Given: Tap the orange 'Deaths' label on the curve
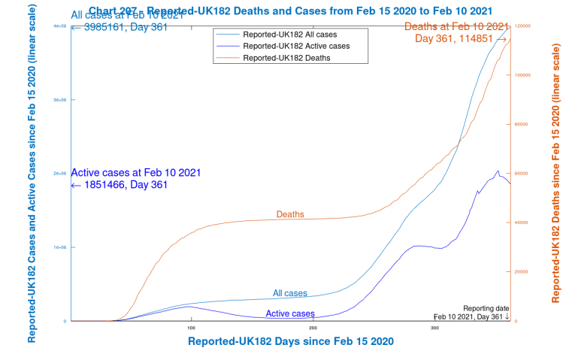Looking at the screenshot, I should (x=290, y=214).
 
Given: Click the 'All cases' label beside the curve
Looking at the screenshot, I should (x=289, y=293).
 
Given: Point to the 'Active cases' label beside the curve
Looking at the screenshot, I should (x=290, y=313).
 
